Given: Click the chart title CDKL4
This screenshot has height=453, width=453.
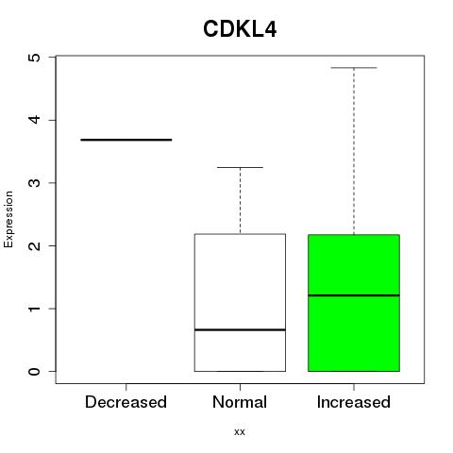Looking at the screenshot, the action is coord(240,29).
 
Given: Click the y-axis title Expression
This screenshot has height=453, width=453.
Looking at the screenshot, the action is coord(8,219).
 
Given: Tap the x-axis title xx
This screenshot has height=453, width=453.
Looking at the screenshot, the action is coord(240,432).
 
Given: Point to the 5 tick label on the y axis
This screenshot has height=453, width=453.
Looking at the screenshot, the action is coord(35,58).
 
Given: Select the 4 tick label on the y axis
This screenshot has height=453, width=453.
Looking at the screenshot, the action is coord(35,120).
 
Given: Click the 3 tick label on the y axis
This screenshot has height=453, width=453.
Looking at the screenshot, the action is coord(35,183).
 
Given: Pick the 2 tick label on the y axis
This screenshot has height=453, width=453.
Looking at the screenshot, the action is coord(35,245).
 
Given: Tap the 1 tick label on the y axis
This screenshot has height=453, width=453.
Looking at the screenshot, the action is coord(35,309).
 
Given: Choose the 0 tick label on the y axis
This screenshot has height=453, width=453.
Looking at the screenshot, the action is coord(35,371).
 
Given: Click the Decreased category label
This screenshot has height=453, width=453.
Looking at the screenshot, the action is coord(126,402).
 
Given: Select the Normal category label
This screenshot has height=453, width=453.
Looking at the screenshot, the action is coord(240,402).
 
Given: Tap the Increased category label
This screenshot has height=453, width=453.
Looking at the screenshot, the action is coord(354,402).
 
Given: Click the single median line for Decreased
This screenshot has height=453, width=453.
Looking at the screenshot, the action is coord(126,140).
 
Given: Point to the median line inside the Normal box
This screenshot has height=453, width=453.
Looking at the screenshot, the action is coord(240,329).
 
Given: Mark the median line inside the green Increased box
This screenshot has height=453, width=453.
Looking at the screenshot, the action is coord(354,295).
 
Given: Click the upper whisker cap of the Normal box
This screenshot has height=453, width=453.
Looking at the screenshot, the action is coord(240,167).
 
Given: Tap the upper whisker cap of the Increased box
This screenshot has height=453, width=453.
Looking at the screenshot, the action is coord(354,68).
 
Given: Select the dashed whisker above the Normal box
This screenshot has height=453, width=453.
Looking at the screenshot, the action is coord(240,201).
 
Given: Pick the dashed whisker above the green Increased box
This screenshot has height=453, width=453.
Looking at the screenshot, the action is coord(354,151).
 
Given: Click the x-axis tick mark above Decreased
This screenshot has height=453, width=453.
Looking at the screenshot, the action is coord(126,387).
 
